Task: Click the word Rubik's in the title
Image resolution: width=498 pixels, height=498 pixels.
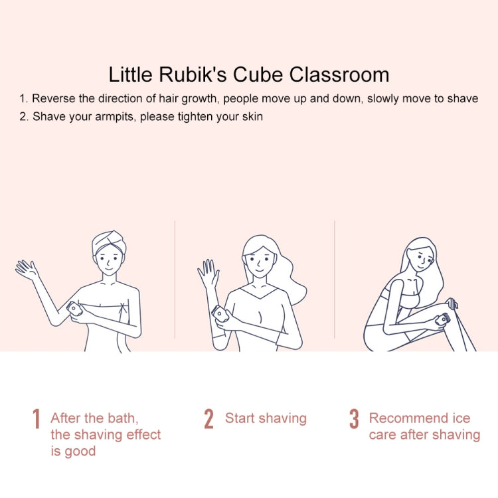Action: click(x=193, y=74)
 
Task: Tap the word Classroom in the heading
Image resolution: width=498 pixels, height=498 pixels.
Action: click(x=339, y=74)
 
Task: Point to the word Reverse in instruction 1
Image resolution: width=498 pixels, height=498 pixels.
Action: click(x=53, y=98)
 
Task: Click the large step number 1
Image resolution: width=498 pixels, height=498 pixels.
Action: click(x=37, y=418)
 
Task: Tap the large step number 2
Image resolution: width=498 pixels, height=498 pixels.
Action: click(x=208, y=418)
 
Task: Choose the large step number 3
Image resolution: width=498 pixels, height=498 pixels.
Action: click(x=354, y=418)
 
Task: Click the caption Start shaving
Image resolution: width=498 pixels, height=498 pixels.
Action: click(x=266, y=418)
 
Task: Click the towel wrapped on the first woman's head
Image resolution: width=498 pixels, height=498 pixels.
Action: click(x=109, y=242)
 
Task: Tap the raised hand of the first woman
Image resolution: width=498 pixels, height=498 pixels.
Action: click(x=27, y=270)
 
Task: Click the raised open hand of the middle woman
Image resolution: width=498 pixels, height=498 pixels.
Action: click(x=208, y=272)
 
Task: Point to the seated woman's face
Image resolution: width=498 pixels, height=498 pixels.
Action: click(x=422, y=260)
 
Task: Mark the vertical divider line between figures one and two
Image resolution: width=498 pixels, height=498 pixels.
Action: click(x=175, y=280)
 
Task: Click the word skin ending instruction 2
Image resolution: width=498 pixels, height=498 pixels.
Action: click(x=252, y=117)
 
